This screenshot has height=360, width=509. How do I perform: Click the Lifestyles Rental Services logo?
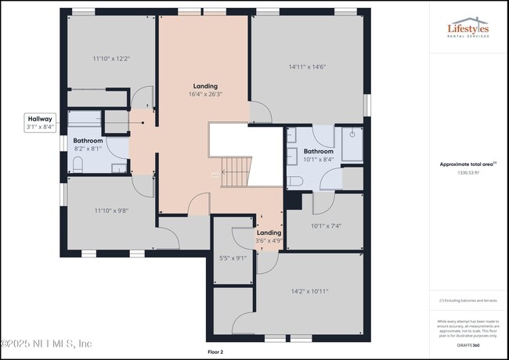(467, 30)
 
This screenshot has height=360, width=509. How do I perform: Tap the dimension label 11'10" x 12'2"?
(110, 59)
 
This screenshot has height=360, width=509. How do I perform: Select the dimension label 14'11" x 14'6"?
(306, 67)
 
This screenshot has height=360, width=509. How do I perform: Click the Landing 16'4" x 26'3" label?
(206, 90)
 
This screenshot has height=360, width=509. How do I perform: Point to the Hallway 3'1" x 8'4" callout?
(39, 122)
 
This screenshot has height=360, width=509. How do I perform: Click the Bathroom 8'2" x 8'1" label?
(88, 144)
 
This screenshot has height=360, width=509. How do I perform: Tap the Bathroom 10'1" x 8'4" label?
(319, 155)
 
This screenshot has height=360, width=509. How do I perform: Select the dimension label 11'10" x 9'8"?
(110, 209)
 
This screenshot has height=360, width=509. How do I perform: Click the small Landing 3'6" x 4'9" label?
(269, 236)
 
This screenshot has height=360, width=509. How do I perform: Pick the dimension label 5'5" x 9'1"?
(232, 257)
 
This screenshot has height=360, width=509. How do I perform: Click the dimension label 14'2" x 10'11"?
(309, 291)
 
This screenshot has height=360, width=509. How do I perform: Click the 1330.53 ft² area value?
(468, 172)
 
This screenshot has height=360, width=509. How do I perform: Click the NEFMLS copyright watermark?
(47, 344)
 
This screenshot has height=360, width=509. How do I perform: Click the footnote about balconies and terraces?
(468, 301)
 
